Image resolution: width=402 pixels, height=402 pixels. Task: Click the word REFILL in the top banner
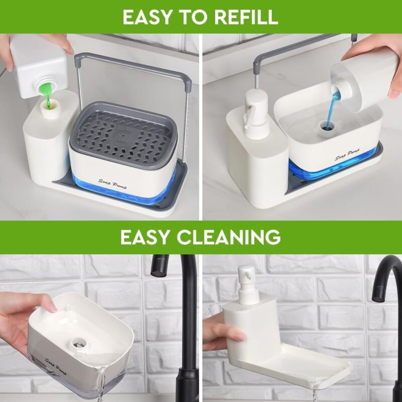pyautogui.click(x=246, y=17)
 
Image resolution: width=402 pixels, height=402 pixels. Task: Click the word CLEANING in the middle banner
pyautogui.click(x=229, y=237)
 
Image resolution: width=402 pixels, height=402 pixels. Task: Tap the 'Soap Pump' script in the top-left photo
pyautogui.click(x=113, y=184)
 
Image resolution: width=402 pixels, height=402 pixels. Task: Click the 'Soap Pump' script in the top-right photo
pyautogui.click(x=347, y=154)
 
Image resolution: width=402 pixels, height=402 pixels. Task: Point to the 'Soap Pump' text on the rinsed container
pyautogui.click(x=55, y=367)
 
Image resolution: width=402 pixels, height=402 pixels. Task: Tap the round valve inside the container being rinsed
pyautogui.click(x=78, y=344)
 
